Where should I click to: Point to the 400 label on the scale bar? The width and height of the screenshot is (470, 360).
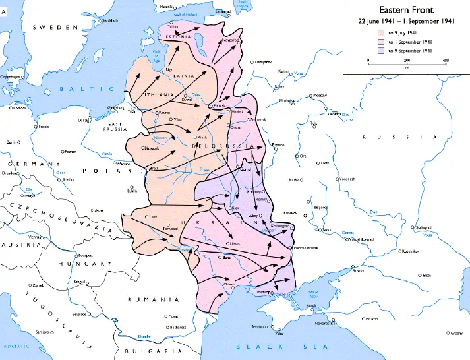pos(446,61)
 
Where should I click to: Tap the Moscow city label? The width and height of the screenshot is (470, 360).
pos(320,96)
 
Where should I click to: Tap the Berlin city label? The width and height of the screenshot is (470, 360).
pos(11,142)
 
